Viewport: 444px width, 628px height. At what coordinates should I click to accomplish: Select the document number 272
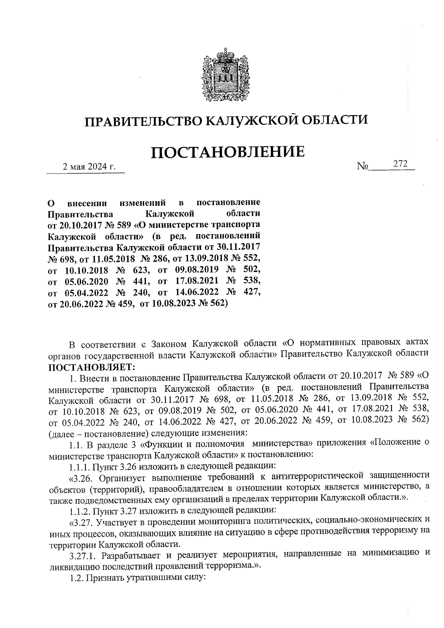click(x=400, y=164)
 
